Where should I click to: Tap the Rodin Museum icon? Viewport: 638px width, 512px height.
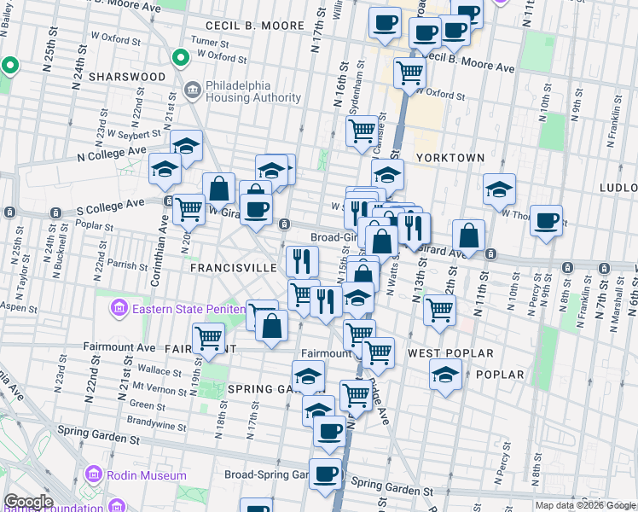tap(93, 475)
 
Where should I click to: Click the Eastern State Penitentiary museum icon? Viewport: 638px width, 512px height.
tap(118, 306)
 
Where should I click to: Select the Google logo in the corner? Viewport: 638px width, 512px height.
tap(28, 502)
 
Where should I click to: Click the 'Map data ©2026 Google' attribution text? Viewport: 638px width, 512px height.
tap(585, 505)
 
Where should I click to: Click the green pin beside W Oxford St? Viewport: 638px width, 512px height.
tap(180, 58)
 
